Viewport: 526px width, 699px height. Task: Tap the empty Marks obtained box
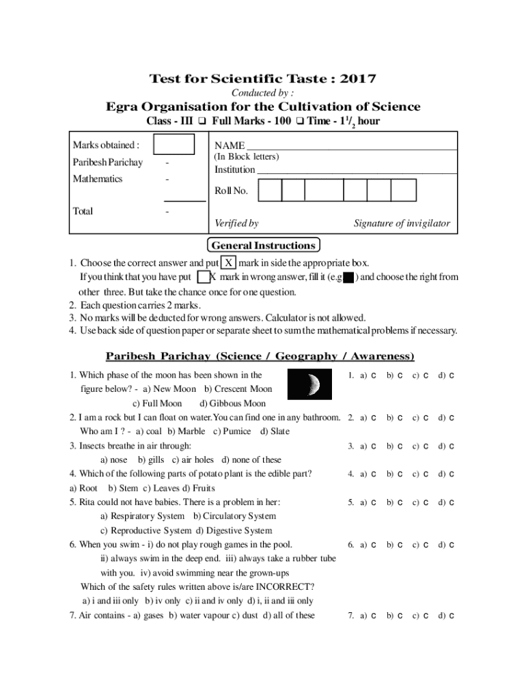tap(174, 145)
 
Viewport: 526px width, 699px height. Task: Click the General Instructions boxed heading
tap(263, 246)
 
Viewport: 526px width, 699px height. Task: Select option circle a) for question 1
tap(374, 376)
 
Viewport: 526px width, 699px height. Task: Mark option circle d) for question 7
tap(452, 616)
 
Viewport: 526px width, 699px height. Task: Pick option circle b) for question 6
tap(400, 545)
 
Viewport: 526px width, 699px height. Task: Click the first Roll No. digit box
tap(270, 190)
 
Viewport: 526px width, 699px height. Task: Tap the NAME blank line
tap(351, 147)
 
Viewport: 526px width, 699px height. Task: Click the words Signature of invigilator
tap(402, 223)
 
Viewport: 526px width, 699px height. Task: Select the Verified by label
tap(236, 223)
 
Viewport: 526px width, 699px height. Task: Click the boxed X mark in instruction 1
tap(229, 263)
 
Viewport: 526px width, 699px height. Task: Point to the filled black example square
tap(348, 278)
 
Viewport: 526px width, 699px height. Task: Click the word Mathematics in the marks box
tap(98, 179)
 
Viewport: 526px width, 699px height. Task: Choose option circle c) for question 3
tap(426, 446)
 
